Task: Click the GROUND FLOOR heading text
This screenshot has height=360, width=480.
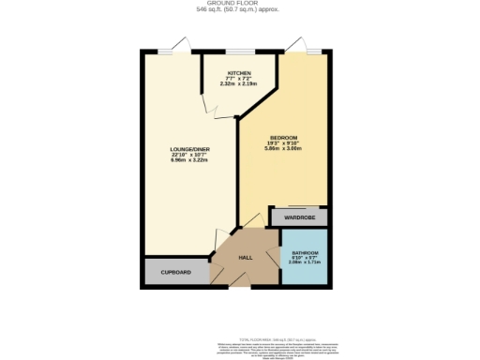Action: pos(239,4)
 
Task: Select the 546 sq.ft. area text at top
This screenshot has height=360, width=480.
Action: pos(239,10)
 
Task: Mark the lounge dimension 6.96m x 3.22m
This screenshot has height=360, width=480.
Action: pos(189,160)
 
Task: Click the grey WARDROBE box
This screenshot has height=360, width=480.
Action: pos(300,217)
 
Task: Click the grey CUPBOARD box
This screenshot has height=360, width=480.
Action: pos(176,272)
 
